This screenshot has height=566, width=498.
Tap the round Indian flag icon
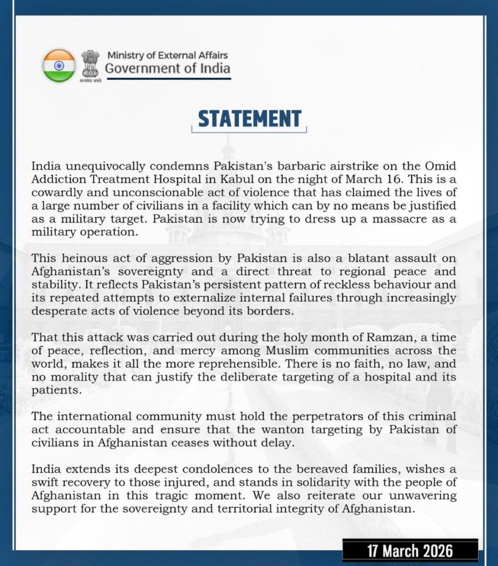(59, 66)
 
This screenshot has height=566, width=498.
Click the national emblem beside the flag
(90, 64)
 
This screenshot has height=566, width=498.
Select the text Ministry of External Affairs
(167, 55)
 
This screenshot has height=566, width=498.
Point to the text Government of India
(167, 69)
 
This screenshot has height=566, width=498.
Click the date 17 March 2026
(410, 551)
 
